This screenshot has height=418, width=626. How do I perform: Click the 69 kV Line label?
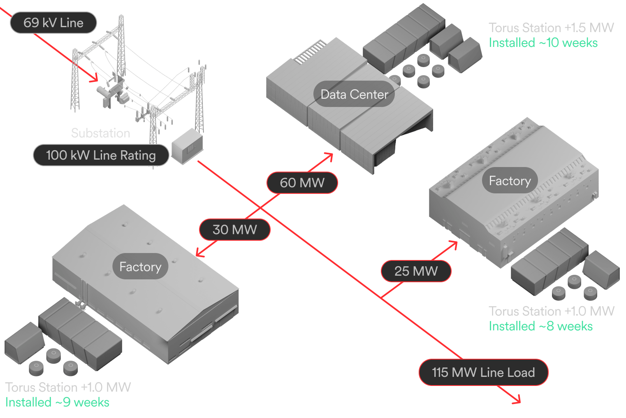(x=53, y=23)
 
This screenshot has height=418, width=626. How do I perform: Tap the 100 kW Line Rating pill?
(x=101, y=155)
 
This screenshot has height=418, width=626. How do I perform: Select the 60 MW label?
(x=302, y=183)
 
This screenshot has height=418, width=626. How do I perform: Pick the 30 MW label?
(x=235, y=230)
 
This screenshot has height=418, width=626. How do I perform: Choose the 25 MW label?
(x=416, y=271)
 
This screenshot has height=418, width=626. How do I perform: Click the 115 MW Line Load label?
(x=483, y=372)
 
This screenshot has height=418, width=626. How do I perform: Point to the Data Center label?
(x=354, y=94)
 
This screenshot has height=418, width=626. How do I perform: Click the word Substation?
(x=101, y=133)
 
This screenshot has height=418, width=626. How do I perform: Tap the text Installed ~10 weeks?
(x=543, y=43)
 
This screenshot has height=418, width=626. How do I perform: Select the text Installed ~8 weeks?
(x=540, y=326)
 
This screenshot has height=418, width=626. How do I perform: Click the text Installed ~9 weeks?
(x=57, y=402)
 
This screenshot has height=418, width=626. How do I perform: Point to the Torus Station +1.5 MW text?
(x=551, y=28)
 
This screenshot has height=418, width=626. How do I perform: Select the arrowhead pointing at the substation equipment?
(x=95, y=78)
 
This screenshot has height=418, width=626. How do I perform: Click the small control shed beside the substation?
(x=187, y=146)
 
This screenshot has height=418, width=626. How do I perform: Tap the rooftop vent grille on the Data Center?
(x=310, y=52)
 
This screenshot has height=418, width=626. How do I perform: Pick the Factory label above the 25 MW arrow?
(x=510, y=180)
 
